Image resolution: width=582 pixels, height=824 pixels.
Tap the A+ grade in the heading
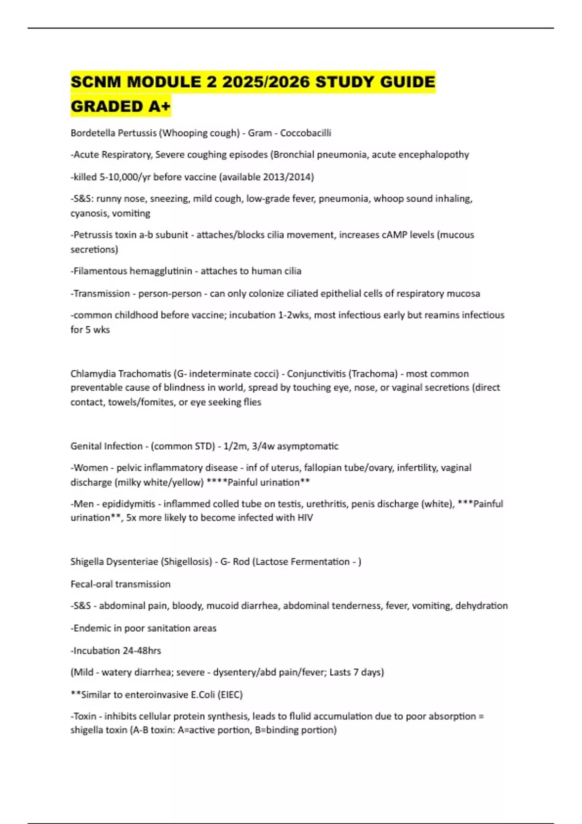(159, 106)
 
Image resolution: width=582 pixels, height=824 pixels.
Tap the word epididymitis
(129, 504)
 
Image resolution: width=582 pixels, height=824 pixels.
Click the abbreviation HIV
(305, 518)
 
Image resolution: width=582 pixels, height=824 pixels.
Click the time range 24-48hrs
(142, 650)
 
